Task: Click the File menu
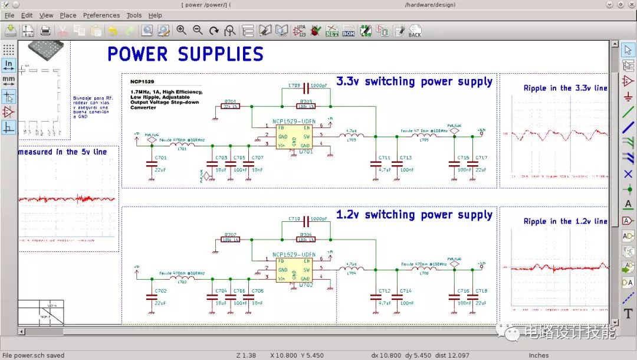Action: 9,15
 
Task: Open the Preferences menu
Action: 101,15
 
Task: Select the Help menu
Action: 155,15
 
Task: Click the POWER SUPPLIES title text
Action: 185,54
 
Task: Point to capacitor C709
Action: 306,90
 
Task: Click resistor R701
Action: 230,106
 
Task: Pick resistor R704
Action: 306,239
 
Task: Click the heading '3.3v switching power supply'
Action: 414,81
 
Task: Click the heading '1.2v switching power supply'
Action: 414,215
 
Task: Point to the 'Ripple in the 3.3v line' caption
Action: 564,88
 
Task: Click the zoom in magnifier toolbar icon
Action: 181,30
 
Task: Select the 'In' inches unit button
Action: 9,64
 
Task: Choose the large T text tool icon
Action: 628,313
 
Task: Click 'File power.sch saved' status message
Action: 32,355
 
